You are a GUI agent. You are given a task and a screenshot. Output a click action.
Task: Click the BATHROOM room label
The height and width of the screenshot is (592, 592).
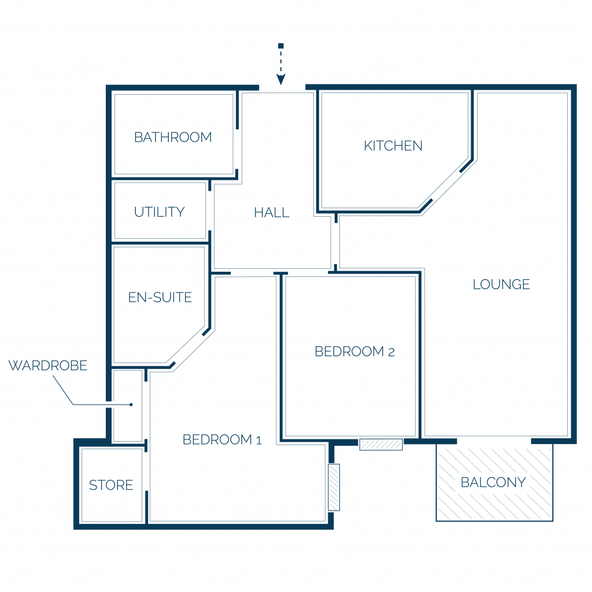173,138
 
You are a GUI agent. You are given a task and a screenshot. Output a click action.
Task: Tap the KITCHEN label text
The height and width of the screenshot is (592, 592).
393,146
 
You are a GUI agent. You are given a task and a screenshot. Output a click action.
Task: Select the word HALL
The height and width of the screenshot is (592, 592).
272,213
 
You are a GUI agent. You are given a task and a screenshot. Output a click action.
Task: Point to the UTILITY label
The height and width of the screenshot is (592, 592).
160,212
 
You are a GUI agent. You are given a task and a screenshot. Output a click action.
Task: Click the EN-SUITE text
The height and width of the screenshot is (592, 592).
160,298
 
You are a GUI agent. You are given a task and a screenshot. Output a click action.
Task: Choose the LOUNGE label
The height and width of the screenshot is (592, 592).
501,284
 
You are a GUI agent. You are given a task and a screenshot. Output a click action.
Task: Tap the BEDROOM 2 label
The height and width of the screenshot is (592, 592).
354,351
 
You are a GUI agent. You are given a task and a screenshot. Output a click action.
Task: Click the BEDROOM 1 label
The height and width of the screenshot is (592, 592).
222,440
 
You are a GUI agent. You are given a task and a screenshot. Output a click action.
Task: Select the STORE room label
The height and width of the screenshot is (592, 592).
111,485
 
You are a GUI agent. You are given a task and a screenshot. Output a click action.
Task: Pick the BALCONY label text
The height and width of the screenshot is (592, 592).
493,483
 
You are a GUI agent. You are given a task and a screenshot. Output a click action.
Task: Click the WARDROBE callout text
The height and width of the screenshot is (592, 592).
48,365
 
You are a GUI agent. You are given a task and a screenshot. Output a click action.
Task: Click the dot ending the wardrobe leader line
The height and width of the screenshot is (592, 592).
131,405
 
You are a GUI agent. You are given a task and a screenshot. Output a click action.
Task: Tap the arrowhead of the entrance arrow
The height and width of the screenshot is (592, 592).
280,80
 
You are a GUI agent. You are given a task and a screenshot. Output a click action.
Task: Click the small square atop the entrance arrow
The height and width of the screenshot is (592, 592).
280,46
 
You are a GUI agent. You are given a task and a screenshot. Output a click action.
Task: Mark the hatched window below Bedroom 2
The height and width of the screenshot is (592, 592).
381,445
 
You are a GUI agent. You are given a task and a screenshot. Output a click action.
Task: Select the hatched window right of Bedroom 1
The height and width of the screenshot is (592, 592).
334,487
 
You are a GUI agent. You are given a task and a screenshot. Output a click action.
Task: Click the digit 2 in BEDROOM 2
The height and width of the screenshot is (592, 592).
391,353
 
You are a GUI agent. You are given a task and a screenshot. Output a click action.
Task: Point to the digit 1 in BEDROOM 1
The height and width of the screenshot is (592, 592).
258,441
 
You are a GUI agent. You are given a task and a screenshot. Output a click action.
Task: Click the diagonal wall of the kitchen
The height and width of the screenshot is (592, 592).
446,186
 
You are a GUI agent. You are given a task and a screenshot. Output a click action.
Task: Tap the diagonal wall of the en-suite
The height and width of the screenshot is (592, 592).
188,347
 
